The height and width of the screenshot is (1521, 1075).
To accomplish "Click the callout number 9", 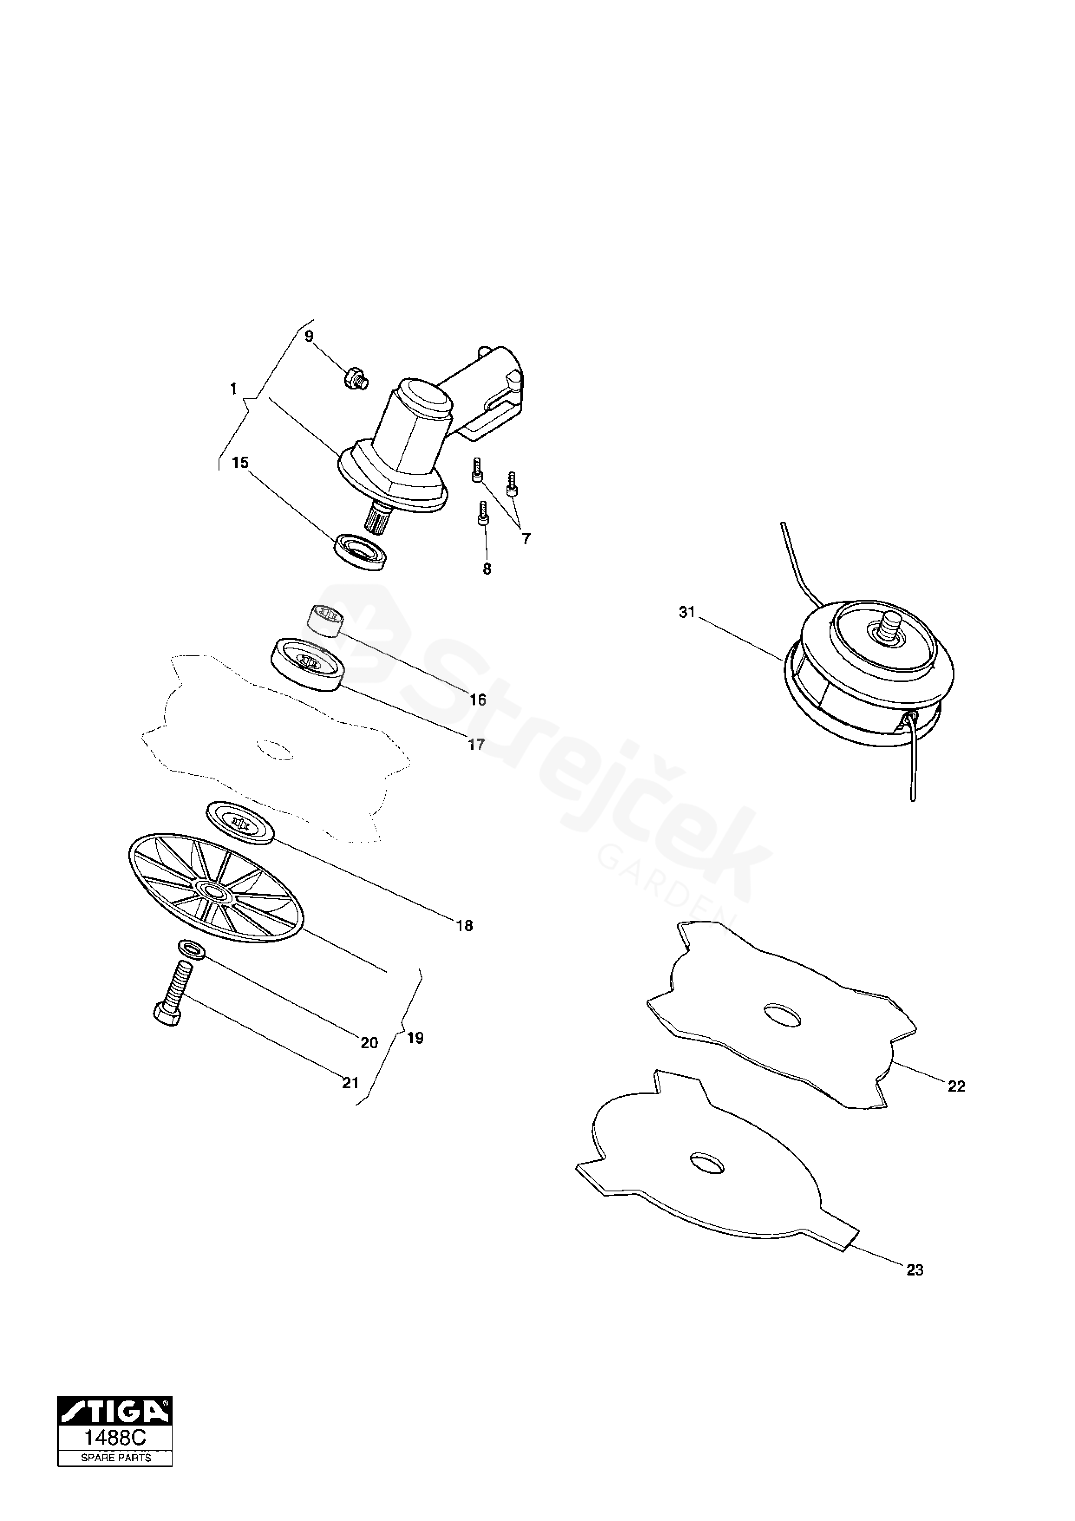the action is (x=309, y=337).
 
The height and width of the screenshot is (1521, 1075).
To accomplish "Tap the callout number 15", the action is (x=240, y=462).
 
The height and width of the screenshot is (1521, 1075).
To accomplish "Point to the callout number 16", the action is (x=477, y=700).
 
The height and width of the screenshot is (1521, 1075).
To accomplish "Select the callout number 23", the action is (x=915, y=1270).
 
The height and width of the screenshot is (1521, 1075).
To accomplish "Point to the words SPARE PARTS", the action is (x=115, y=1452).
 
